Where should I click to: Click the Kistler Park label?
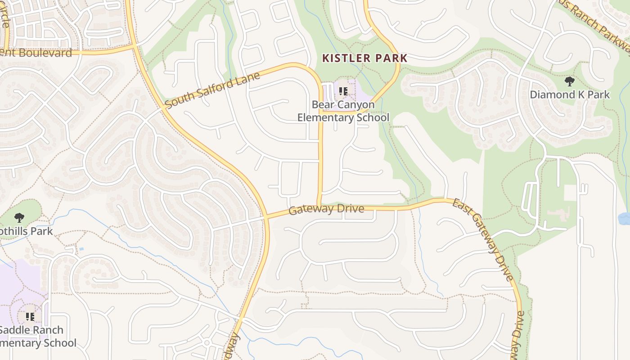click(x=365, y=58)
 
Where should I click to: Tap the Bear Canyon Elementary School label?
click(x=343, y=111)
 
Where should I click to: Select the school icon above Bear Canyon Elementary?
click(x=343, y=92)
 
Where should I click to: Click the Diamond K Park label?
click(x=570, y=94)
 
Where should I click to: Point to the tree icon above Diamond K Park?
click(x=570, y=81)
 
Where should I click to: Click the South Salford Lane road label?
click(x=212, y=90)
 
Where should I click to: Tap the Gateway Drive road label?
click(x=326, y=209)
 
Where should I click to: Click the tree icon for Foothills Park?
click(x=19, y=218)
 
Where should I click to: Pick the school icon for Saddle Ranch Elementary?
click(x=30, y=317)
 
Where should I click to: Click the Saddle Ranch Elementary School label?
click(x=36, y=336)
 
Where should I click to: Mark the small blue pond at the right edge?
click(x=625, y=218)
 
